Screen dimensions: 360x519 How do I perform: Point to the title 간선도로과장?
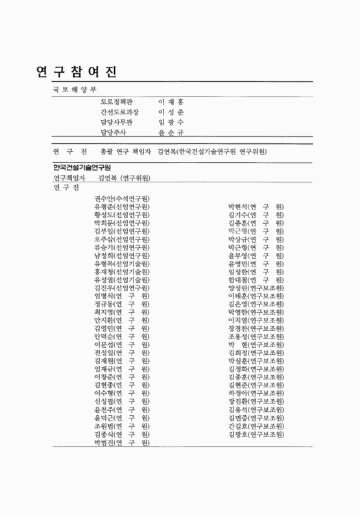point(120,112)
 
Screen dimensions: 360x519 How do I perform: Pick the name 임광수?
point(171,122)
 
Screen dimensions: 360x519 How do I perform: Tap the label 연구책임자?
point(70,178)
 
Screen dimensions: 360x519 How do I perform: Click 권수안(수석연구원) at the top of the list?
point(121,199)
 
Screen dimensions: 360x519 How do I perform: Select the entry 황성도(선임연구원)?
point(121,215)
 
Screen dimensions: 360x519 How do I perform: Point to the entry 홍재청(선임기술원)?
point(121,271)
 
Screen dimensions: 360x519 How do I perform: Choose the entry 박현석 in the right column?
point(256,207)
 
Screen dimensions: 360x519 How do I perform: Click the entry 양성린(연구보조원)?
point(256,287)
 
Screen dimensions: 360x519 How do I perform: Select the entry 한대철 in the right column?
point(256,280)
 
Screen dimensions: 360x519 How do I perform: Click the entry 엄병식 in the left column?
point(121,295)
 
